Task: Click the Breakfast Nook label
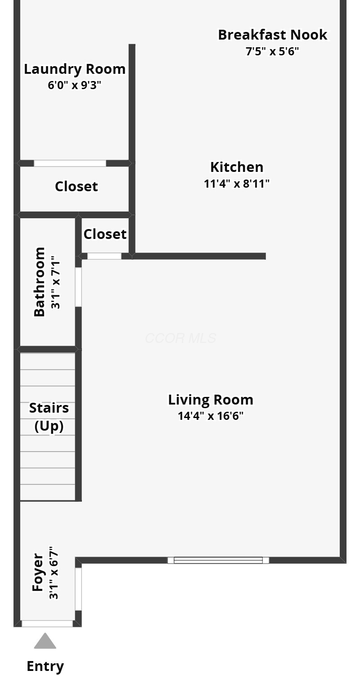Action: point(272,35)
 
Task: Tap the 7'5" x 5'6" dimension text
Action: point(272,51)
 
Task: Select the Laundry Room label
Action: point(75,69)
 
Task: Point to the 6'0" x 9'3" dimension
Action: point(74,85)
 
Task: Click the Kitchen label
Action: point(237,167)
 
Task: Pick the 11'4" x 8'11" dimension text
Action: point(237,184)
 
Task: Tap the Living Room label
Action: point(211,400)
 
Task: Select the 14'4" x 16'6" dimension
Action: point(211,416)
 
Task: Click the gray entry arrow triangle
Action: point(45,641)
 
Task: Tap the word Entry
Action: point(45,666)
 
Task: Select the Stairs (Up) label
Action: point(49,417)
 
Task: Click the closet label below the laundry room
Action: point(76,187)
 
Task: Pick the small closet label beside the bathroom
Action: point(105,234)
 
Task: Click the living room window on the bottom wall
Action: point(218,560)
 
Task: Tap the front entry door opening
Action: point(47,623)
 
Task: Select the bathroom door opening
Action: point(78,287)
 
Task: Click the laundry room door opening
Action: point(70,163)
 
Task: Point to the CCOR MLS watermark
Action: point(180,338)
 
